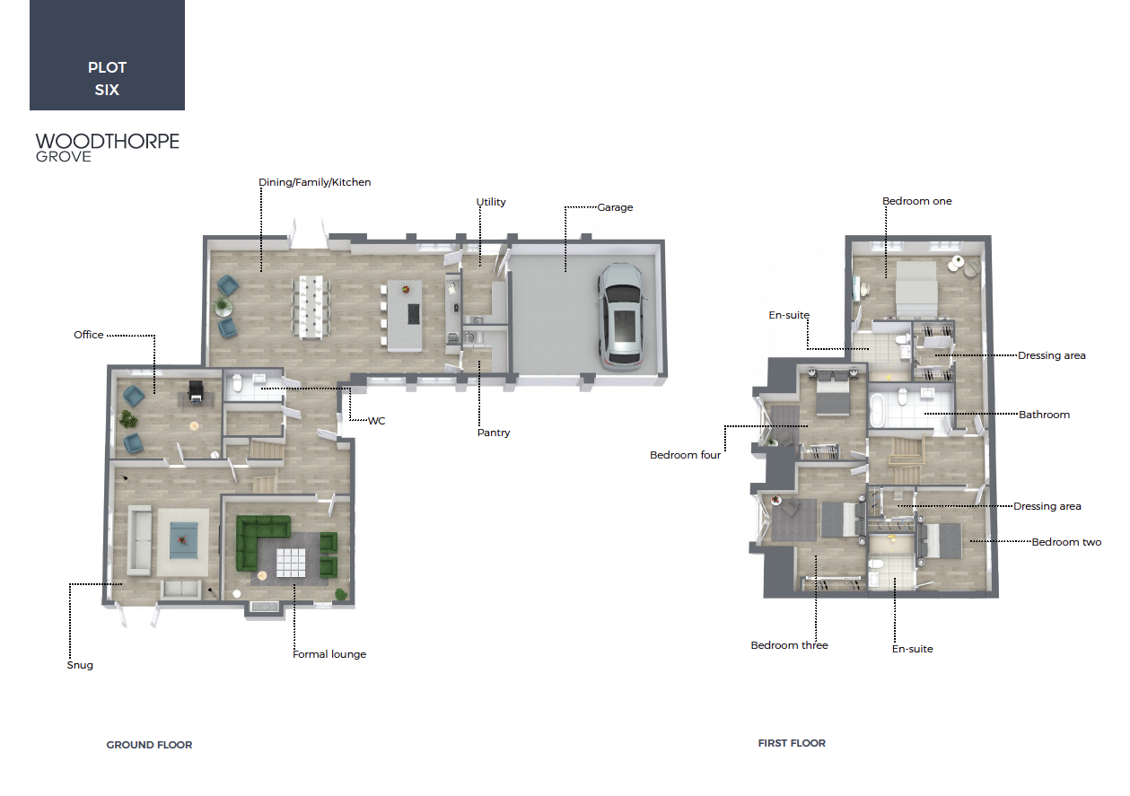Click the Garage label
[x=615, y=207]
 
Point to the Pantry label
[x=494, y=433]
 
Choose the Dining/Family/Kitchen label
[x=315, y=182]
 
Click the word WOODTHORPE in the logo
[x=108, y=141]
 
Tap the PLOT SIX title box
[x=107, y=55]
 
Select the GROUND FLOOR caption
[x=149, y=745]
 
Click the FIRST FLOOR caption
[x=792, y=743]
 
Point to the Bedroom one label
[x=916, y=201]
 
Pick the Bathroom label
[x=1044, y=415]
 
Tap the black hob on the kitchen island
[x=414, y=314]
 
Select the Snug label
[x=80, y=665]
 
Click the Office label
[x=88, y=335]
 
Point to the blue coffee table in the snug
[x=184, y=540]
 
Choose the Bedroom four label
[x=685, y=455]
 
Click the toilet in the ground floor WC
[x=238, y=383]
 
